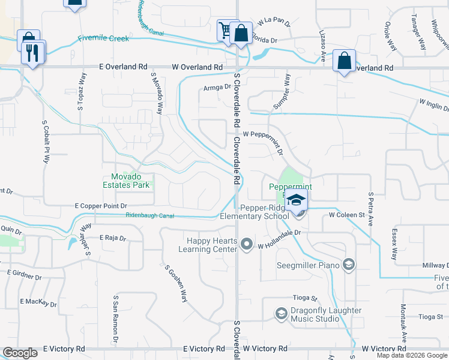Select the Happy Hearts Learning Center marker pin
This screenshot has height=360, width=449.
(247, 244)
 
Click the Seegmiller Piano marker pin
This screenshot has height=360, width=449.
(348, 265)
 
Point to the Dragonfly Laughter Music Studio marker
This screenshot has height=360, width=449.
(280, 313)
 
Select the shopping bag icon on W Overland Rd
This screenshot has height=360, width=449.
(344, 61)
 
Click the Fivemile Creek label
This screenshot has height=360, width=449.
(103, 38)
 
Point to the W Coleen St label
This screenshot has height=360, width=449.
(346, 214)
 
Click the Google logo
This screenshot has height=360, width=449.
(20, 353)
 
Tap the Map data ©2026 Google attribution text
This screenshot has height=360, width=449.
(412, 355)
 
